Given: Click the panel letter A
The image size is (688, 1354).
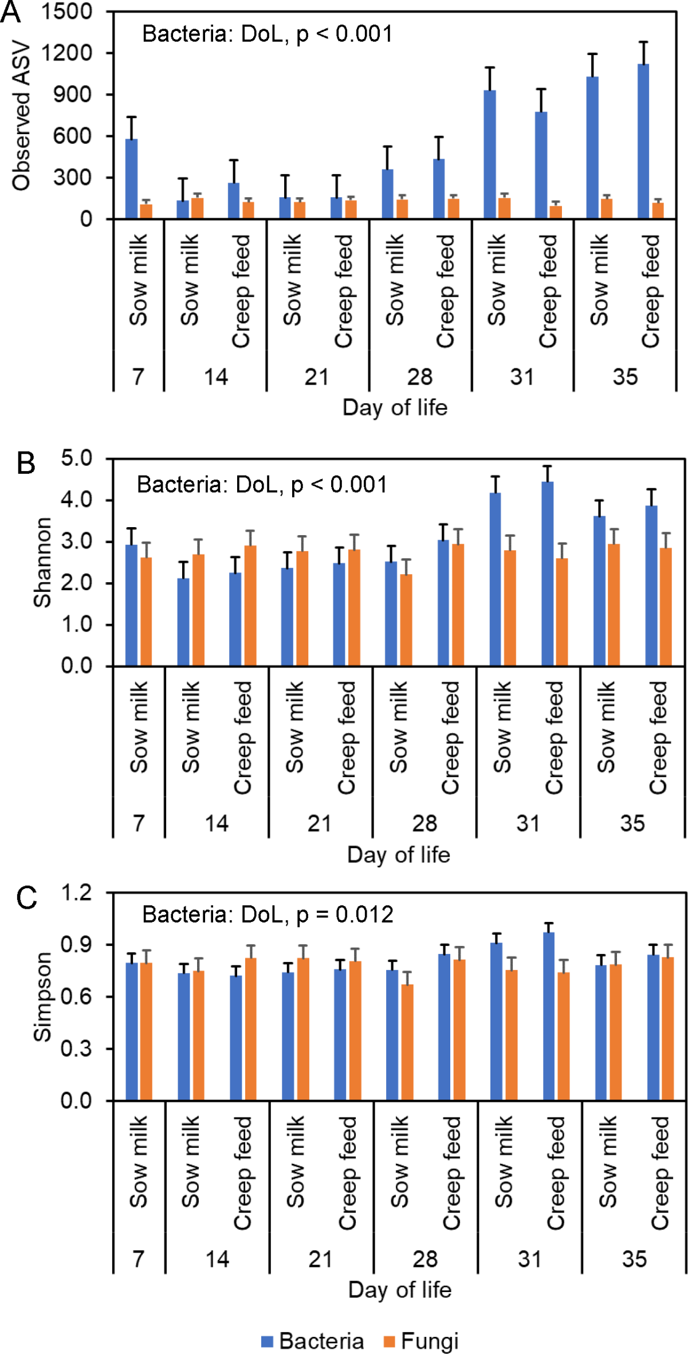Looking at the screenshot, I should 10,13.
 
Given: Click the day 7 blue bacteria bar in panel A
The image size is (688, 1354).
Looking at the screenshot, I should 131,179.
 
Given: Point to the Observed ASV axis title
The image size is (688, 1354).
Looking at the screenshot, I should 22,115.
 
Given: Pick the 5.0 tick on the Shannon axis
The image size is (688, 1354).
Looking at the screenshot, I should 76,458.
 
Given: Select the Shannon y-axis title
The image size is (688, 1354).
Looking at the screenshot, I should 42,562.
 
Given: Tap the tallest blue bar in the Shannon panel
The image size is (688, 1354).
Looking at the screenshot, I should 547,574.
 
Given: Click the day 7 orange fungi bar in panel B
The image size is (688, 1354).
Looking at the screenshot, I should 146,611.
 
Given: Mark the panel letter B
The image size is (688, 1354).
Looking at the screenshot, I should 26,463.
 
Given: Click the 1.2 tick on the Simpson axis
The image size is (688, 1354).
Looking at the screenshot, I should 76,893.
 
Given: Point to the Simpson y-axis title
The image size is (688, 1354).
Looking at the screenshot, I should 42,997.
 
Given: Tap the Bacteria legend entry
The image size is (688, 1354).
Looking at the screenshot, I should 313,1341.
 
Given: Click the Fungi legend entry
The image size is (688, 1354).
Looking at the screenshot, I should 422,1341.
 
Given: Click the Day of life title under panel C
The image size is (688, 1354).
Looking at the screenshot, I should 400,1290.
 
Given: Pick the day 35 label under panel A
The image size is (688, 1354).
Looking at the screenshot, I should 625,377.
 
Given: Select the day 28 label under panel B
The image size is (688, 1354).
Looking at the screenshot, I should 424,823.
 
